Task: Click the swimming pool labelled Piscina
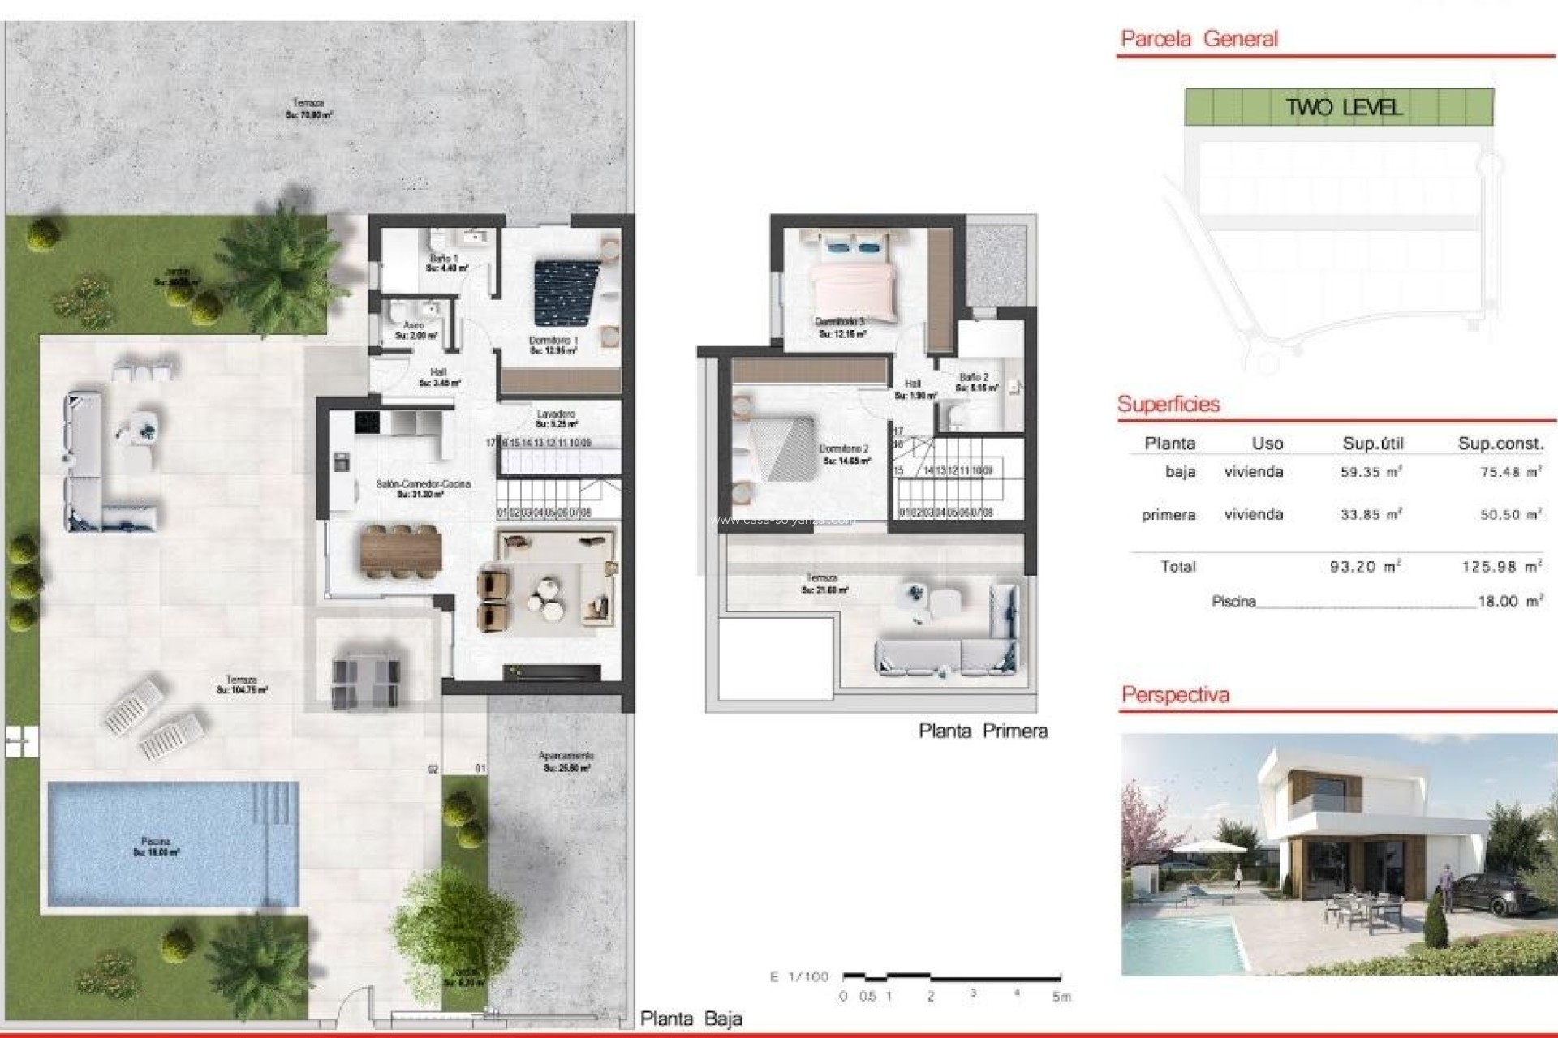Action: click(x=173, y=843)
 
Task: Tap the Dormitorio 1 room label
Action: click(x=553, y=341)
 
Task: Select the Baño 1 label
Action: click(x=444, y=259)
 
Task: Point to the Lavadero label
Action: click(x=556, y=414)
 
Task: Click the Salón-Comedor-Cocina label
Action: click(x=423, y=484)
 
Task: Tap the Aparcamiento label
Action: click(x=566, y=757)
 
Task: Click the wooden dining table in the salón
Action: click(x=401, y=551)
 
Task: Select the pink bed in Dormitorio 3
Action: click(x=854, y=284)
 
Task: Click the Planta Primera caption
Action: click(x=983, y=731)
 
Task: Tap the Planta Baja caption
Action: click(x=691, y=1019)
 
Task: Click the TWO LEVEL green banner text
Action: click(x=1343, y=107)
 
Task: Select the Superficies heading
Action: click(x=1168, y=405)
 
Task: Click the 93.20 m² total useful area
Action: click(x=1366, y=567)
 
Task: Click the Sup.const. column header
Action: click(x=1500, y=444)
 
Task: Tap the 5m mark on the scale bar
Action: click(x=1061, y=997)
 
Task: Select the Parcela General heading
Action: click(x=1199, y=39)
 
